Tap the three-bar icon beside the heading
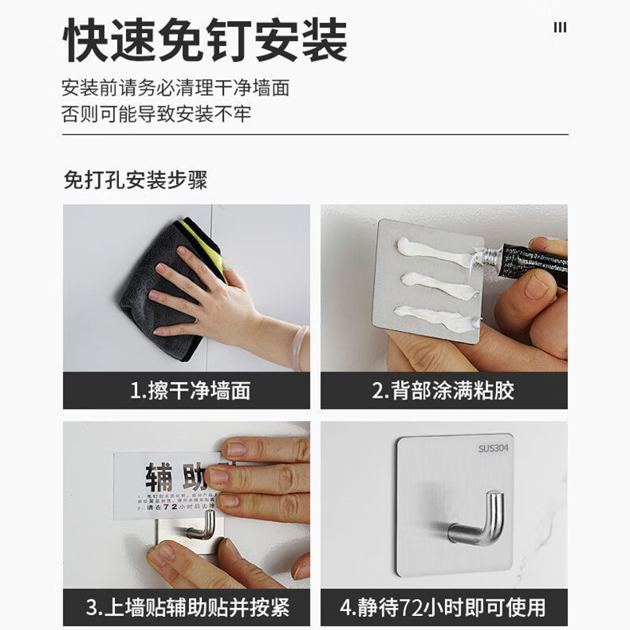pos(560,28)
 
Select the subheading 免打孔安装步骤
pos(135,180)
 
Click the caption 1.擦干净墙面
pos(187,390)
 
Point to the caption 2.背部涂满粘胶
pos(443,390)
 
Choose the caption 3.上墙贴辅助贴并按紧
pos(187,607)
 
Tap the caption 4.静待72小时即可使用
pos(443,607)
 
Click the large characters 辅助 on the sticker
pos(169,477)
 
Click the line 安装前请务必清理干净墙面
pos(176,87)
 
